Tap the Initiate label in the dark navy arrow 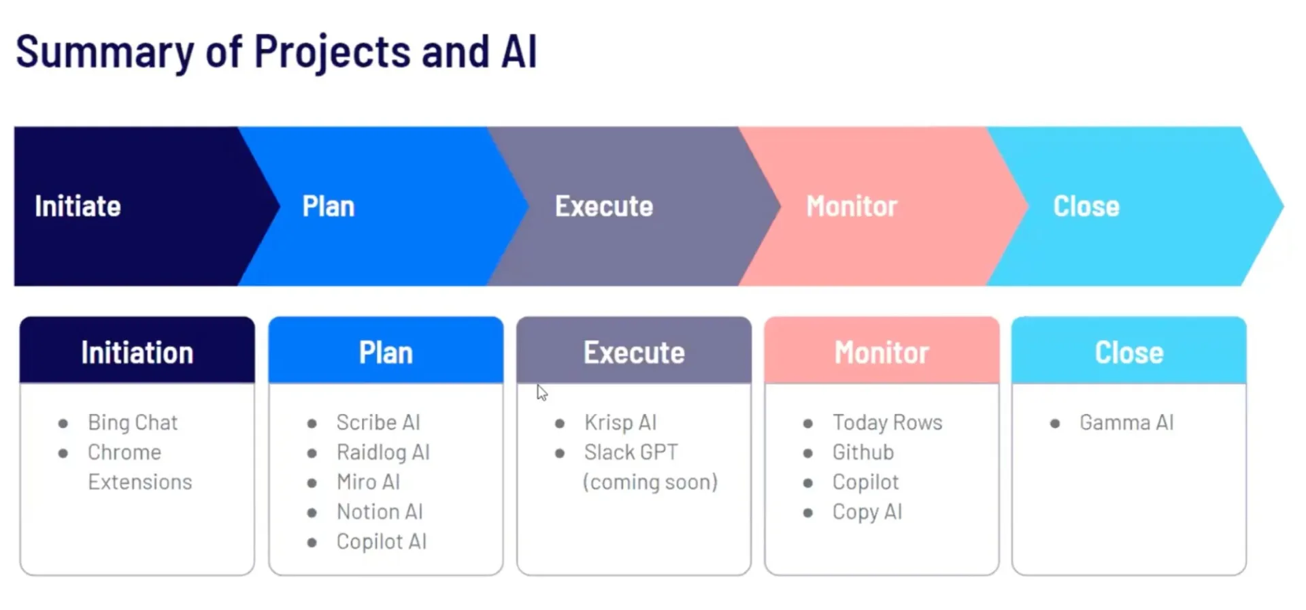click(x=78, y=206)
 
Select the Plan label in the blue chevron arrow click(x=328, y=206)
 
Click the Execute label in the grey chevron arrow click(x=603, y=206)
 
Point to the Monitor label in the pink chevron click(x=851, y=206)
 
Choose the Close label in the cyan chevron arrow click(x=1086, y=206)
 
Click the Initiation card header click(x=137, y=353)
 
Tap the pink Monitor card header click(x=881, y=353)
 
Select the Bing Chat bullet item click(x=132, y=423)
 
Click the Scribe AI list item click(x=378, y=423)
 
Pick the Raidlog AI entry click(x=382, y=452)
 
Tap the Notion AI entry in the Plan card click(x=379, y=511)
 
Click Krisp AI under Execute click(x=620, y=423)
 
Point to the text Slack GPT click(x=631, y=452)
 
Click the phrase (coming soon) click(x=650, y=482)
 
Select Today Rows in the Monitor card click(x=887, y=423)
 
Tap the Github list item click(x=863, y=452)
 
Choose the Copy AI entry click(x=867, y=511)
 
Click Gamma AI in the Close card click(x=1126, y=423)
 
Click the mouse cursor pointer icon click(x=541, y=393)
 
